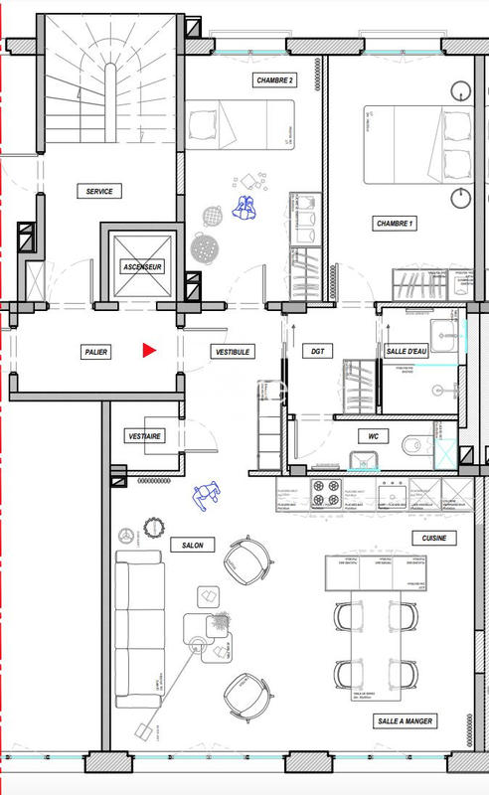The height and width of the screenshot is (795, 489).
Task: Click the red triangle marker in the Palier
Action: (149, 350)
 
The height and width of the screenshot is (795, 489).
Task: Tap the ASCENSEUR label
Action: (142, 267)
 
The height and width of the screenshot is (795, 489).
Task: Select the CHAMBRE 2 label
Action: (274, 80)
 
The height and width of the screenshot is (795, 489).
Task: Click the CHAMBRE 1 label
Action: (395, 225)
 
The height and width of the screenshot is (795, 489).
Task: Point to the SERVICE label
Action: (99, 191)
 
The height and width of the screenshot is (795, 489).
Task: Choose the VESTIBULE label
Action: (232, 352)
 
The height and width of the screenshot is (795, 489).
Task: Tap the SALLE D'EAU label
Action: (406, 352)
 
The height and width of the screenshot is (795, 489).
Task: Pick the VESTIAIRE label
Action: (145, 436)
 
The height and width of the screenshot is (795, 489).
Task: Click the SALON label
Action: (184, 546)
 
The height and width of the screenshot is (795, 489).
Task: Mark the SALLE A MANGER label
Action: (405, 720)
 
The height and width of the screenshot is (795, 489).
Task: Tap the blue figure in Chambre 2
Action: (244, 206)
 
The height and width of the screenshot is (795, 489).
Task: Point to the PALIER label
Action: (96, 352)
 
